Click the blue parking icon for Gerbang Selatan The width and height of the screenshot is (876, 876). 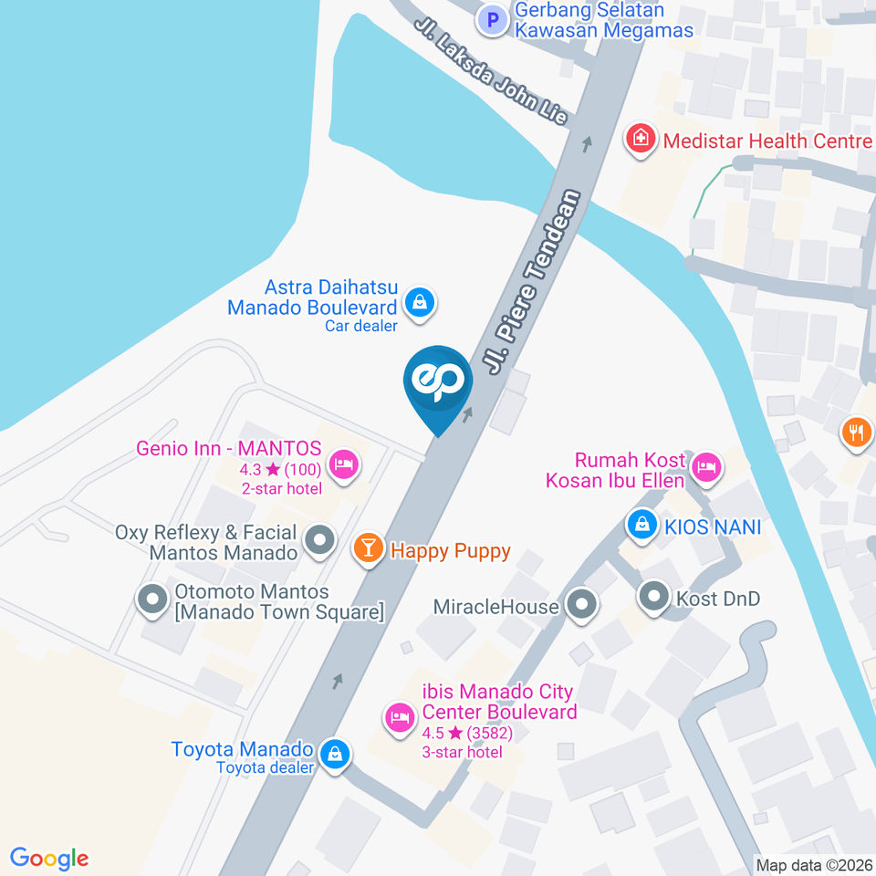tap(493, 19)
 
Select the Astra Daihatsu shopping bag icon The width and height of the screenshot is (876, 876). tap(420, 302)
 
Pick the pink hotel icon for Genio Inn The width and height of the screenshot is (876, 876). tap(343, 464)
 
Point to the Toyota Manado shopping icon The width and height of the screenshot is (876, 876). tap(335, 755)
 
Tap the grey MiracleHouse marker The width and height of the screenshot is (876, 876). tap(580, 604)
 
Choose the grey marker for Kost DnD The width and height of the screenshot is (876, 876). tap(653, 598)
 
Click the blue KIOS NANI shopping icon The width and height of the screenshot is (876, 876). tap(642, 525)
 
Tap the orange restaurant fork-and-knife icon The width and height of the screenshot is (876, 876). tap(856, 431)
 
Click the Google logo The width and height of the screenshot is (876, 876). tap(49, 859)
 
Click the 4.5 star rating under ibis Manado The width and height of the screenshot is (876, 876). tap(466, 733)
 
